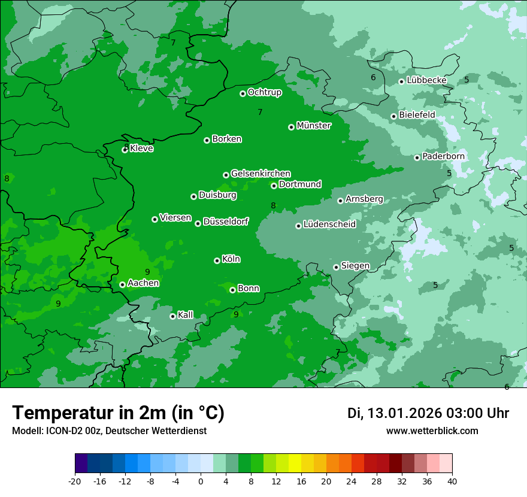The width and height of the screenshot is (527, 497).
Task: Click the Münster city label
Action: click(x=314, y=126)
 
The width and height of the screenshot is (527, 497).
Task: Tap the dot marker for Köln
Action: click(x=217, y=260)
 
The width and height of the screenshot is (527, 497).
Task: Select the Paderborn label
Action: click(x=444, y=156)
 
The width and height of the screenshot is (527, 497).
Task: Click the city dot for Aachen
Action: click(x=122, y=284)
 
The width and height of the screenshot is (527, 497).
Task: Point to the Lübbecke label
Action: click(x=426, y=80)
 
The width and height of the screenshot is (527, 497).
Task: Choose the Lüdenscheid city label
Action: click(x=329, y=225)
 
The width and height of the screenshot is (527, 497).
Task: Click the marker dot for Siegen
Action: click(x=336, y=267)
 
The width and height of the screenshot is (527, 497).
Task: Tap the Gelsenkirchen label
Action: click(x=261, y=174)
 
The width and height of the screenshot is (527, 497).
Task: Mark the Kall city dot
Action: click(x=172, y=316)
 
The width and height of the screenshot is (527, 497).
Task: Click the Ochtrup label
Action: click(x=265, y=92)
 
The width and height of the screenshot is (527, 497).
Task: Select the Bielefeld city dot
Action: click(x=393, y=116)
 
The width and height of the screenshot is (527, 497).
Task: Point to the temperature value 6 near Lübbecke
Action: click(x=373, y=77)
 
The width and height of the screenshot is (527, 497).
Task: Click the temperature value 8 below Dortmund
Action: click(x=273, y=206)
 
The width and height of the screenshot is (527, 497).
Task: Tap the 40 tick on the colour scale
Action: click(x=452, y=481)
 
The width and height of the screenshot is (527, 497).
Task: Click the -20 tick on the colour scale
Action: click(x=75, y=481)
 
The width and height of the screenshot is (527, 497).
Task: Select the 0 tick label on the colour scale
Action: click(x=201, y=481)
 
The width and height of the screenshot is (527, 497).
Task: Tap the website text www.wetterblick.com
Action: click(x=432, y=431)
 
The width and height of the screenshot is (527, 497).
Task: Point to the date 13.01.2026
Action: click(x=404, y=413)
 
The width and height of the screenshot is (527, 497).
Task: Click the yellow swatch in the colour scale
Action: click(x=295, y=463)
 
